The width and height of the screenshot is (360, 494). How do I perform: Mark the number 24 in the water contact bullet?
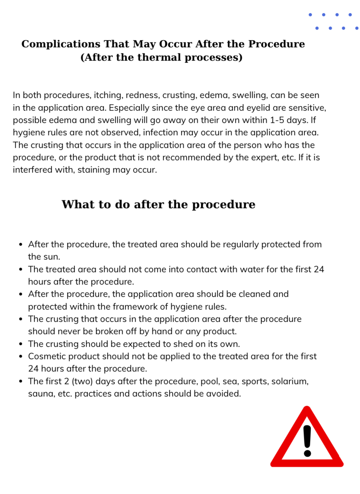tap(319, 269)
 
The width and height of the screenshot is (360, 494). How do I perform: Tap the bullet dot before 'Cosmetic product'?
tap(21, 357)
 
